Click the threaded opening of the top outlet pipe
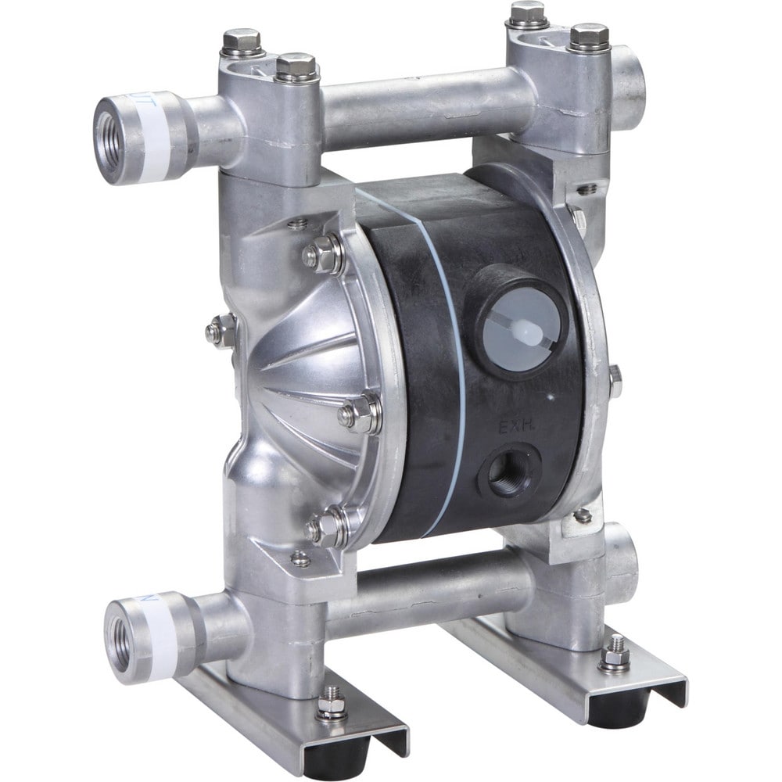pos(108,131)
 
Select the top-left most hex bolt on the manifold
pos(242,41)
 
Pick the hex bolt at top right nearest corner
pos(589,35)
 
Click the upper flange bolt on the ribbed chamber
pos(322,254)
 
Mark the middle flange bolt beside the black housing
pos(360,414)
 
